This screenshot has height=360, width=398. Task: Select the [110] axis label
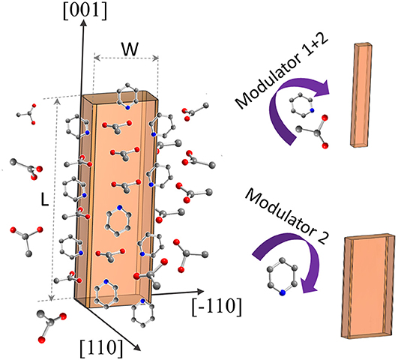101,346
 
